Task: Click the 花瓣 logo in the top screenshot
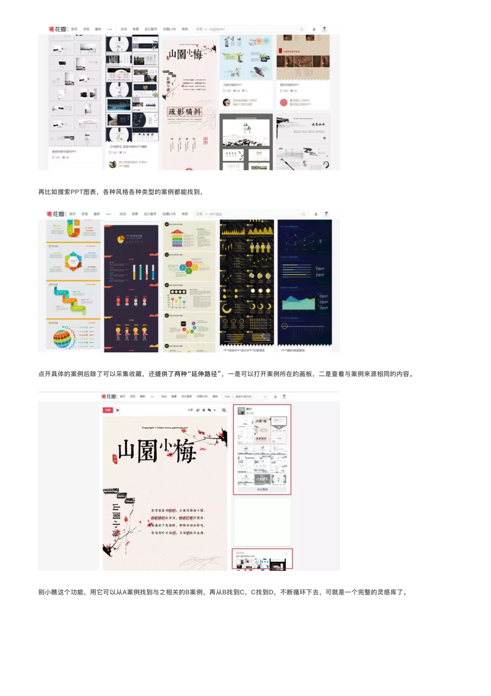tap(57, 29)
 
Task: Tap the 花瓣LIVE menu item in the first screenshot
tap(169, 29)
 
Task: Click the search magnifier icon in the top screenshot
tap(302, 29)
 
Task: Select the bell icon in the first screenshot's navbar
tap(314, 29)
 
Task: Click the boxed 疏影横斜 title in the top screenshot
tap(184, 112)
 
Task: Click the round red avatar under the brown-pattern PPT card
tap(283, 102)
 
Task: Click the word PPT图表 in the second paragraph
tap(83, 192)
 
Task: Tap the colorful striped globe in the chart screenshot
tap(63, 338)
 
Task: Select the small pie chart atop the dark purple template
tap(120, 239)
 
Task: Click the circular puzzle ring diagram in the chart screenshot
tap(73, 261)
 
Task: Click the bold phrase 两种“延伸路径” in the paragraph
tap(198, 374)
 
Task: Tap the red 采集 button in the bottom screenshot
tap(108, 410)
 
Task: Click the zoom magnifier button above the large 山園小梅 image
tap(224, 410)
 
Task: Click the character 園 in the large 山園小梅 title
tap(147, 451)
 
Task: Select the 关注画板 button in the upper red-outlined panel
tap(262, 490)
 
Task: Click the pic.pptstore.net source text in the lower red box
tap(245, 556)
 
